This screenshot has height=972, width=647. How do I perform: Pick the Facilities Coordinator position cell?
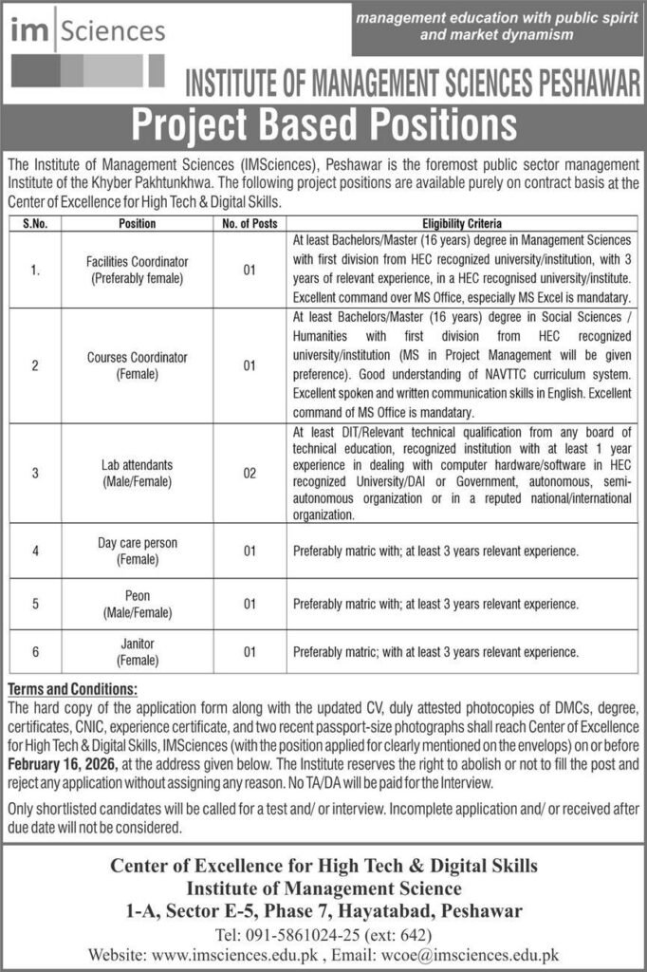(138, 269)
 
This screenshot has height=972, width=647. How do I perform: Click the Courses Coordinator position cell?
(138, 365)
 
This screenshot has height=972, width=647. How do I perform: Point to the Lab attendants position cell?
(138, 472)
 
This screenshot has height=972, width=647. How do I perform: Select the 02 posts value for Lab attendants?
(250, 472)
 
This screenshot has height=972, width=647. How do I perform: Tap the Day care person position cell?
(138, 550)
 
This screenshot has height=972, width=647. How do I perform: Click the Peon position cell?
(138, 603)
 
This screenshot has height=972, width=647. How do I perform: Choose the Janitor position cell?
(138, 651)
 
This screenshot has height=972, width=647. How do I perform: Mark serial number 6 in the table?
(36, 652)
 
